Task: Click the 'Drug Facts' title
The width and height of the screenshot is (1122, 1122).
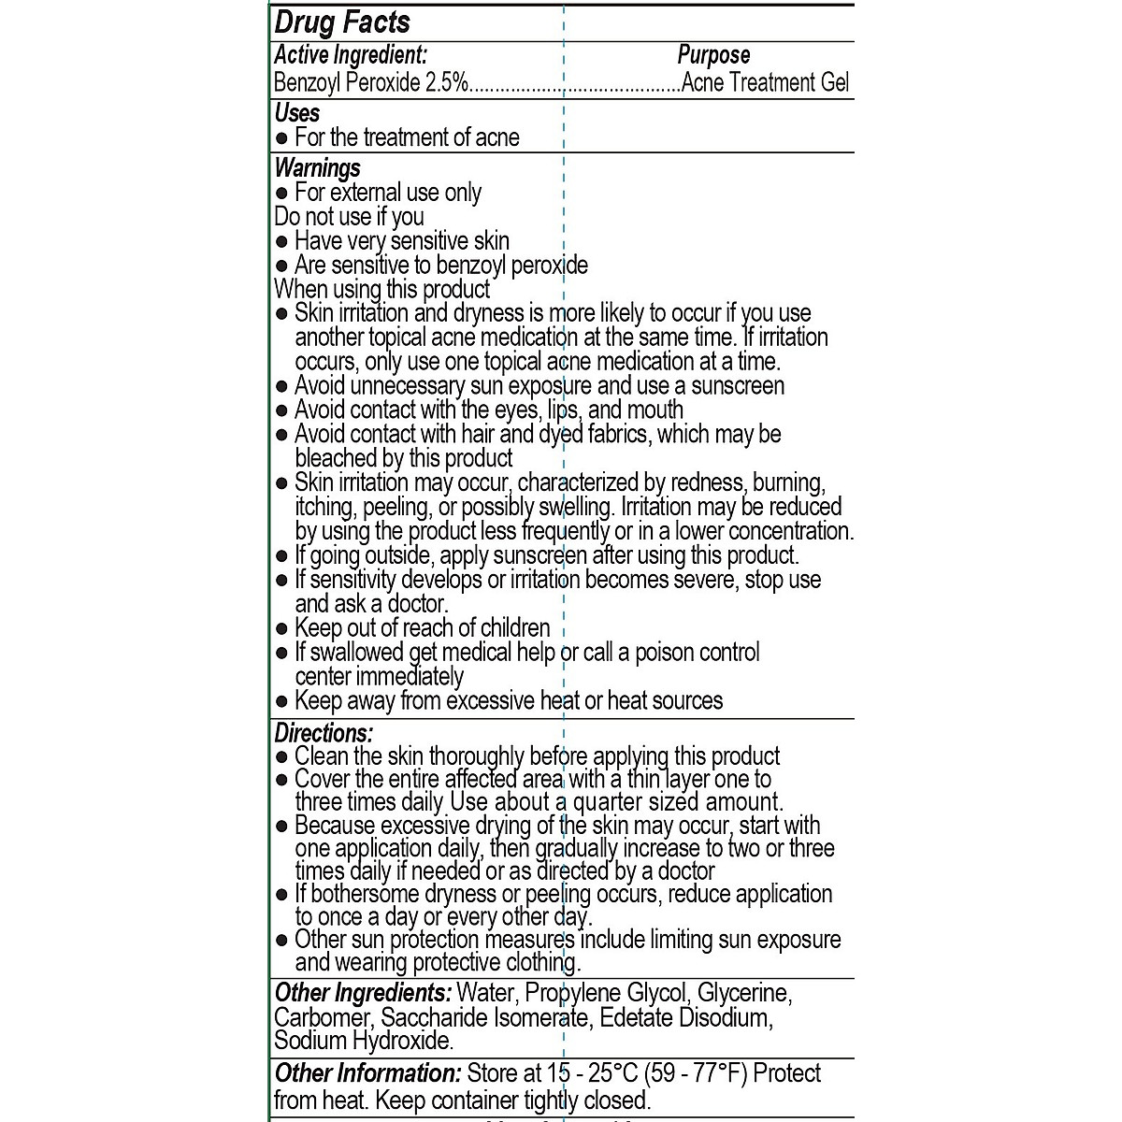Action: click(x=342, y=22)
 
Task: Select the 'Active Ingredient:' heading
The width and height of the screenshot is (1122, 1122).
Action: click(x=351, y=56)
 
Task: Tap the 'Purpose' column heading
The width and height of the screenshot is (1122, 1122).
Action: click(x=713, y=56)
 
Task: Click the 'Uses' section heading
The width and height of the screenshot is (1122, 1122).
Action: click(x=297, y=113)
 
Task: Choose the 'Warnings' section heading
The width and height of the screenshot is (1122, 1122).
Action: click(x=317, y=168)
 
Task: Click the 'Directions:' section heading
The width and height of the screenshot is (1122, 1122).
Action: click(x=324, y=733)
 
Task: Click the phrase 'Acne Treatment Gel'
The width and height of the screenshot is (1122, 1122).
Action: click(x=765, y=82)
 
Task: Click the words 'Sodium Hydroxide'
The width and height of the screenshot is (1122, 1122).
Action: click(x=363, y=1041)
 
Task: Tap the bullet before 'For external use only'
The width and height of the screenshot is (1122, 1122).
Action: click(x=282, y=194)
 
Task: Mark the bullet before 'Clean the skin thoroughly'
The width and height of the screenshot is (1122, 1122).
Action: click(x=282, y=756)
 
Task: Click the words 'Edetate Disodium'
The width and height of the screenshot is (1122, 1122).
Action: click(x=684, y=1017)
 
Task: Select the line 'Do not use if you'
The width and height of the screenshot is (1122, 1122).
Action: click(x=349, y=217)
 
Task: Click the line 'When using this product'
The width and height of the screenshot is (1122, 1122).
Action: click(x=381, y=289)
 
